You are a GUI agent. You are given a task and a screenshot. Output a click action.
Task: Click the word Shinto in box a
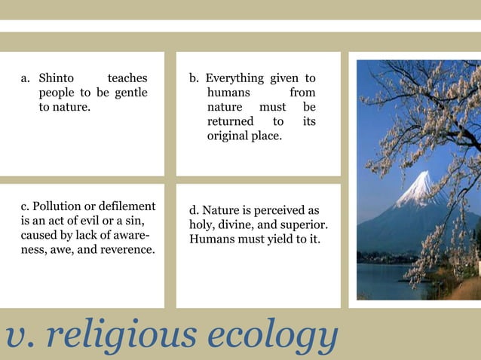click(x=57, y=78)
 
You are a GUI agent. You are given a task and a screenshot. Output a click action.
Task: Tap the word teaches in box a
click(x=127, y=78)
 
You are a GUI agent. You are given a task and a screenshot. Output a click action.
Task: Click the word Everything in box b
click(x=234, y=78)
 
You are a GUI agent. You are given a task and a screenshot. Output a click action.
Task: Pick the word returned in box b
click(x=230, y=121)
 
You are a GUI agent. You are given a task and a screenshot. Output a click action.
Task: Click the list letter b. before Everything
click(x=195, y=78)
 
